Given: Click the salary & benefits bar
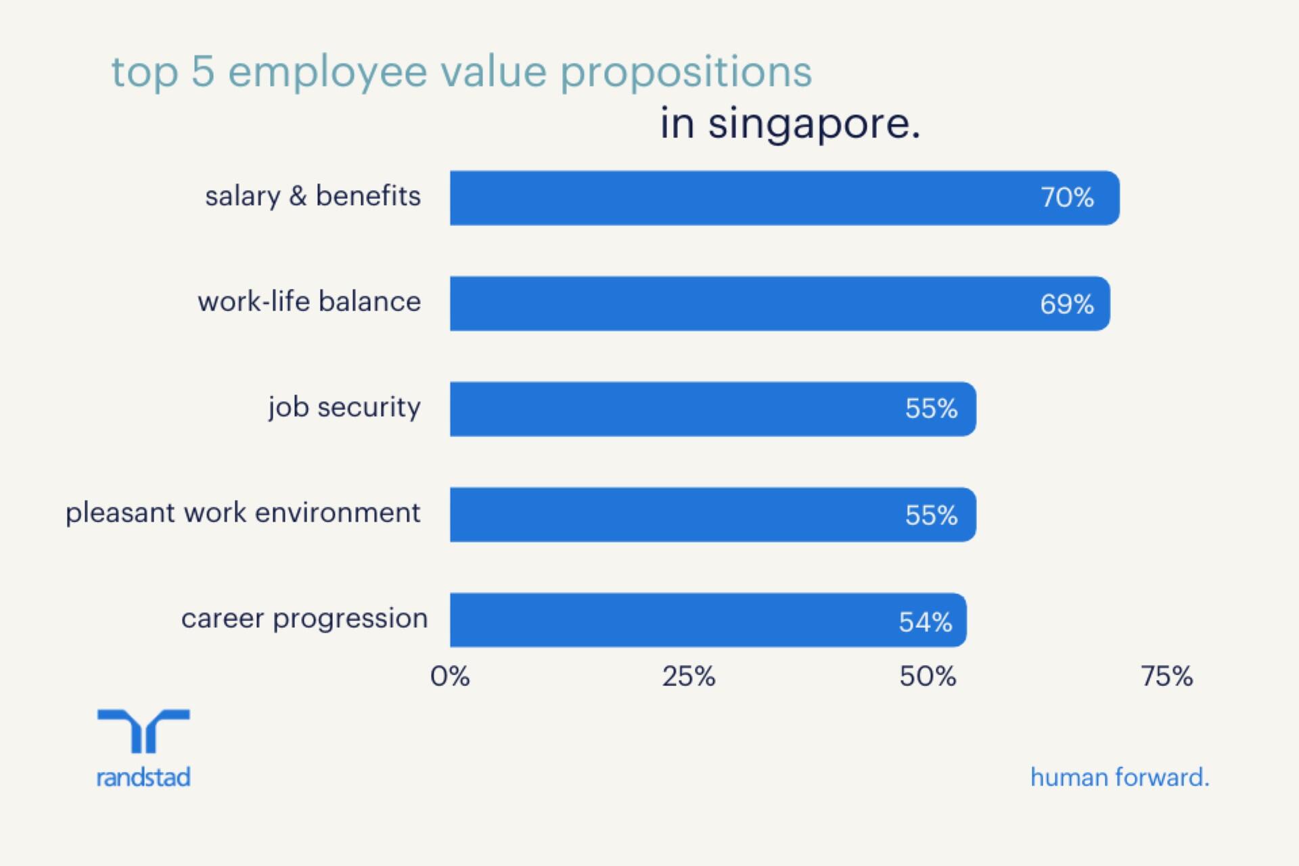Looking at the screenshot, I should click(744, 198).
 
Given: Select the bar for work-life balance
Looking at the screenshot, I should click(744, 303).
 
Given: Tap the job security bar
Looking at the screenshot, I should click(677, 409).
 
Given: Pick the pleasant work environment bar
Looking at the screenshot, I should click(677, 514).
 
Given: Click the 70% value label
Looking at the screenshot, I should click(1067, 198).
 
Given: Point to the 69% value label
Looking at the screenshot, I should click(1067, 304).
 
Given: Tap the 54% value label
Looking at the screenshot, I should click(925, 622).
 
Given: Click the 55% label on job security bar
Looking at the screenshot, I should click(931, 409).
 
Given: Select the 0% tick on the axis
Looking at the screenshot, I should click(450, 676).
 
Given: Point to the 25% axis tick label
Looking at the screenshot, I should click(688, 676).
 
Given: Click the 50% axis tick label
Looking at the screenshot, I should click(928, 676).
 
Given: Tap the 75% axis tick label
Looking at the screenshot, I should click(1166, 676).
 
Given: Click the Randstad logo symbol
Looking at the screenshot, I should click(143, 731).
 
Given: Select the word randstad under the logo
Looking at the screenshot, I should click(143, 777).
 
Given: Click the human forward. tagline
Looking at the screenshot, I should click(1120, 777).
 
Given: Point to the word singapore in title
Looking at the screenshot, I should click(814, 124).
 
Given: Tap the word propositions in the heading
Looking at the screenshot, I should click(686, 73).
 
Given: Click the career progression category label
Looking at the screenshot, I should click(304, 618).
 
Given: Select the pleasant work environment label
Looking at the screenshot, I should click(243, 513).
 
